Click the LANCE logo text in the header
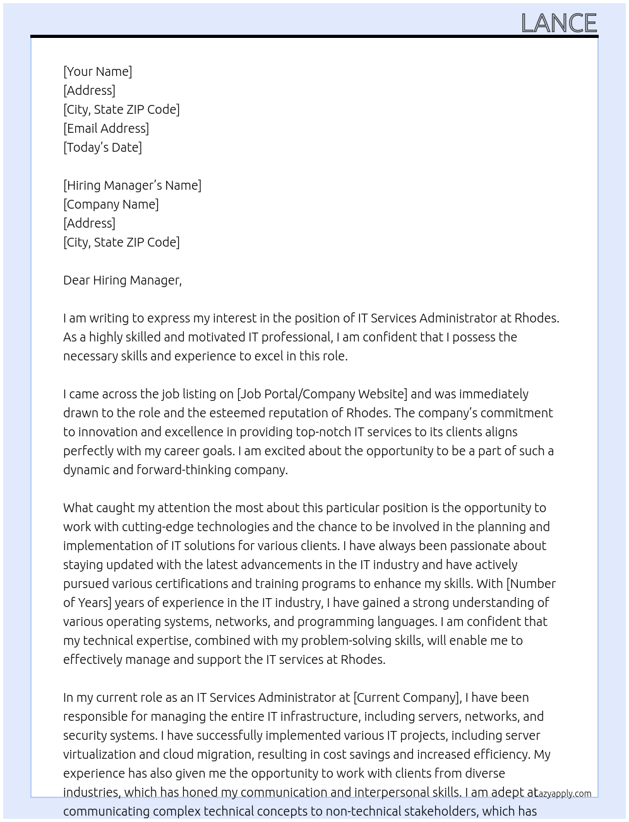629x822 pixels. tap(558, 23)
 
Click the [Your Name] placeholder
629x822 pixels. tap(97, 71)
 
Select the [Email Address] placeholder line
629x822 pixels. tap(106, 128)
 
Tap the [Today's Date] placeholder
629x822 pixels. tap(102, 147)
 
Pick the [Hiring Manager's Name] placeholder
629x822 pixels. tap(132, 185)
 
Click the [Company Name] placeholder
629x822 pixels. tap(111, 204)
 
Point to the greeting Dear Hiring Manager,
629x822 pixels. tap(122, 280)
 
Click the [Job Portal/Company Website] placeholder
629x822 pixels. tap(322, 394)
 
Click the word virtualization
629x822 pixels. tap(99, 754)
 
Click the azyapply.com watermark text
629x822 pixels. tap(564, 794)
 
